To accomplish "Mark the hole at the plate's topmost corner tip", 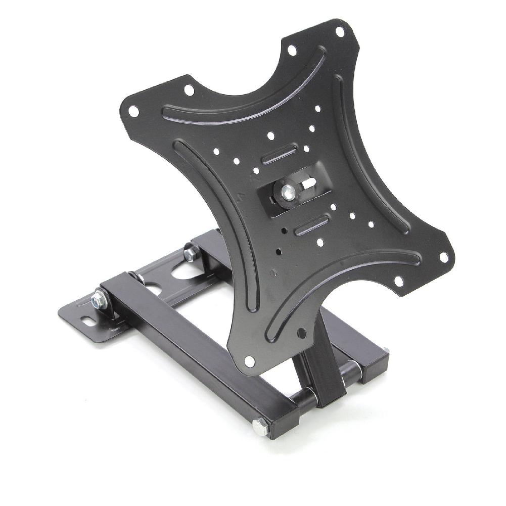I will (340, 31).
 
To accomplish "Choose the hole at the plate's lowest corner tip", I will (250, 361).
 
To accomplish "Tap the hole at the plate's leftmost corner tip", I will (133, 110).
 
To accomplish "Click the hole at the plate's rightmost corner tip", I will (443, 257).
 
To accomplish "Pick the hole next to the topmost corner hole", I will (292, 51).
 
